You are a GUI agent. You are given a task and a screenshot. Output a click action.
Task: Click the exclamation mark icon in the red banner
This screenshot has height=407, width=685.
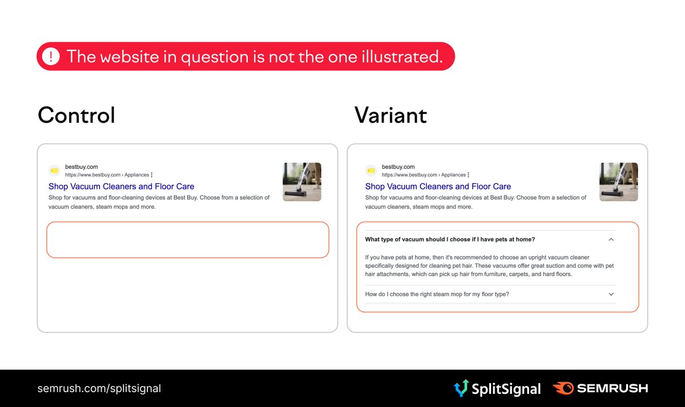[51, 57]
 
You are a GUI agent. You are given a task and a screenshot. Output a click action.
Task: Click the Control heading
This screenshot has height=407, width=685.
[76, 115]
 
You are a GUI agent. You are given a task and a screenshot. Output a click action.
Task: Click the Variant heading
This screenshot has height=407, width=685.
[390, 115]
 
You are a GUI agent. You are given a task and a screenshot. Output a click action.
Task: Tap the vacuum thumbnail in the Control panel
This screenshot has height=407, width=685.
[302, 182]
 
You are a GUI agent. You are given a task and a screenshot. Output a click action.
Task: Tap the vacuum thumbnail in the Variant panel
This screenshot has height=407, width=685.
[619, 182]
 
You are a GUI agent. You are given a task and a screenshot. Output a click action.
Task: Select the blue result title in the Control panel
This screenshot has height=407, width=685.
[121, 187]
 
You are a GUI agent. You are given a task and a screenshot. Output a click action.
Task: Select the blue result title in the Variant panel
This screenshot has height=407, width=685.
[438, 187]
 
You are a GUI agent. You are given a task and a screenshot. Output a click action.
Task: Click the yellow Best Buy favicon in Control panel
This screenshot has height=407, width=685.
[54, 170]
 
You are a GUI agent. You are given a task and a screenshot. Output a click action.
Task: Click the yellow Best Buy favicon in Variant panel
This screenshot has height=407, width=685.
[371, 170]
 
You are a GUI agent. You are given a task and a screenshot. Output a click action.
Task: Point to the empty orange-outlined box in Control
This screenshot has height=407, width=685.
[188, 240]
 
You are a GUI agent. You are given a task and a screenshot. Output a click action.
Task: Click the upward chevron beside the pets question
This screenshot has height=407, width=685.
[611, 240]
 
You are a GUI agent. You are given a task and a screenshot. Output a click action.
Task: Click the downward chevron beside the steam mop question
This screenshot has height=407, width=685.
[611, 295]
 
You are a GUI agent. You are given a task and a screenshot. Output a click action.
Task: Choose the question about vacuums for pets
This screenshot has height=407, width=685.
[450, 240]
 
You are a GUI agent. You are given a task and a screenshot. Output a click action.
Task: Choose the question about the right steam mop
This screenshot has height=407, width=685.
[437, 295]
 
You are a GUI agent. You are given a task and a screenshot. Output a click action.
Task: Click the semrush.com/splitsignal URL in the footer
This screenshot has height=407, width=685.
[99, 389]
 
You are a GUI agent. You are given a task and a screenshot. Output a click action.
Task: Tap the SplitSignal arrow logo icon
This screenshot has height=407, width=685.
[461, 389]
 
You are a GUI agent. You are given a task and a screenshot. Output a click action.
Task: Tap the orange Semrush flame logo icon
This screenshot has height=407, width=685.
[563, 389]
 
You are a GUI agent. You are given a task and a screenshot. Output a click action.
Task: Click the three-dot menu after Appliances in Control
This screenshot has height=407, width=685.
[152, 175]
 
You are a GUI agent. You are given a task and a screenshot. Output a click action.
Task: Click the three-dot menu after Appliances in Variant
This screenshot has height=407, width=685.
[469, 175]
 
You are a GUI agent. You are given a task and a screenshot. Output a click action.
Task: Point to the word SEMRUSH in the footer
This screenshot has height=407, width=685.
[612, 389]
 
